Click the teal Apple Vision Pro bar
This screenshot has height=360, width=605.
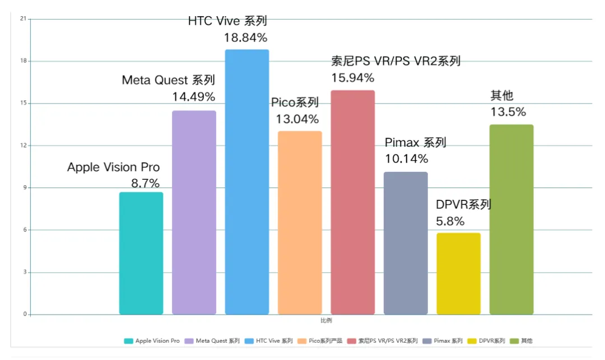coord(141,253)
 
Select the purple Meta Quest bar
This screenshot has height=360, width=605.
coord(194,212)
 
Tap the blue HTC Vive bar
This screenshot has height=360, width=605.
coord(247,182)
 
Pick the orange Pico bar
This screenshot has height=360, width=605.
coord(300,222)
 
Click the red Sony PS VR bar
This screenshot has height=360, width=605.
coord(352,202)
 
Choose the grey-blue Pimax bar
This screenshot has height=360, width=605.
coord(406,243)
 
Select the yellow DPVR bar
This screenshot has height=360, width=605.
coord(458,273)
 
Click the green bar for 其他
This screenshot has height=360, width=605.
coord(511,219)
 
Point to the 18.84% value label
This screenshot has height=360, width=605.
coord(246,38)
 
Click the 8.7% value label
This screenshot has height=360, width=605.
coord(145,183)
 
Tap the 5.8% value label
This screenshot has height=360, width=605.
coord(450,221)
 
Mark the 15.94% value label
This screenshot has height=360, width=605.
coord(353,78)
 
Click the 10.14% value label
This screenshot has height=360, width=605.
coord(407,159)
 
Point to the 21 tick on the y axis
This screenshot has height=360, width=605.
coord(23,19)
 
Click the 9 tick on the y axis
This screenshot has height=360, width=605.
coord(24,188)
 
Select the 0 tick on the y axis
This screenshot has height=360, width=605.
coord(24,315)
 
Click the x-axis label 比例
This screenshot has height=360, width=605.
coord(326,321)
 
